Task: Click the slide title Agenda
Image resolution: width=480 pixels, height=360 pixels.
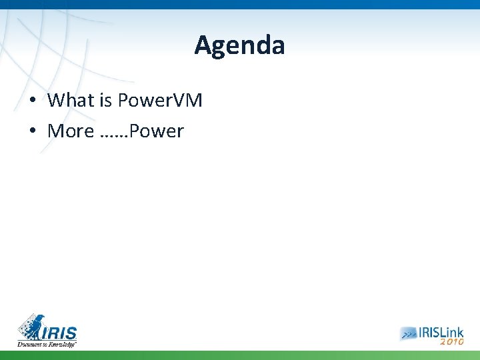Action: (239, 45)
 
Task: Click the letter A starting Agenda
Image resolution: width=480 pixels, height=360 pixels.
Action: (203, 45)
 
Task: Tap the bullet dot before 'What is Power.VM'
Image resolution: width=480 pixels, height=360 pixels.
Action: (32, 101)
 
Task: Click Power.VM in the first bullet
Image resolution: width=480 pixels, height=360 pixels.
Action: (159, 101)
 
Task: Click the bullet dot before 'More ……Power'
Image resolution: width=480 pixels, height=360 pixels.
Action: (32, 132)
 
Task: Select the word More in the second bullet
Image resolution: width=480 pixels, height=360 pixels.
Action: (71, 131)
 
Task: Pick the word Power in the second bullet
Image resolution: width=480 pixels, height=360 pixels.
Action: (157, 131)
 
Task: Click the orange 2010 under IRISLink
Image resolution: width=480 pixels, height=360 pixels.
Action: (451, 341)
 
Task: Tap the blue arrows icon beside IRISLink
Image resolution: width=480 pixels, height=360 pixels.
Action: (409, 333)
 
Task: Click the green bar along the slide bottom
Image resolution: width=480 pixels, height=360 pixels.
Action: (240, 355)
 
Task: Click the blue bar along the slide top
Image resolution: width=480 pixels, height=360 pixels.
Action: (240, 4)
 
